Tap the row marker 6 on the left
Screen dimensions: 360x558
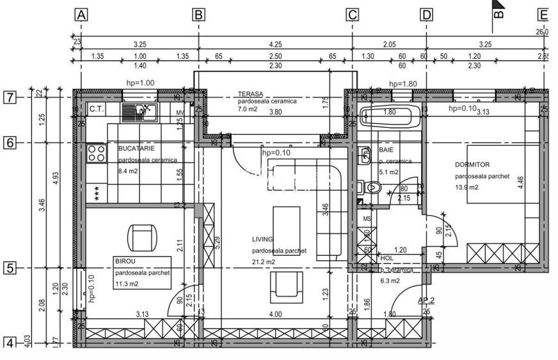click(10, 143)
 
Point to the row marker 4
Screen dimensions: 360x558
click(10, 343)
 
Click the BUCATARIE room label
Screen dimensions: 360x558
click(136, 148)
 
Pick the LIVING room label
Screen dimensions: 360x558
click(263, 239)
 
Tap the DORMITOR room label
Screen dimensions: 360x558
click(472, 165)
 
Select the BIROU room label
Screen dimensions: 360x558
click(125, 262)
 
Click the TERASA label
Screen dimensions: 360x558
click(251, 93)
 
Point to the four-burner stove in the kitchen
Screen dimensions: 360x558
click(97, 153)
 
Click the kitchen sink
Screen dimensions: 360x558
click(140, 113)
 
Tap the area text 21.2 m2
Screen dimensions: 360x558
click(264, 262)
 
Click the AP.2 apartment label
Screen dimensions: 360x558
click(426, 301)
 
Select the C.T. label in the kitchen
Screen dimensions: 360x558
click(97, 109)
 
